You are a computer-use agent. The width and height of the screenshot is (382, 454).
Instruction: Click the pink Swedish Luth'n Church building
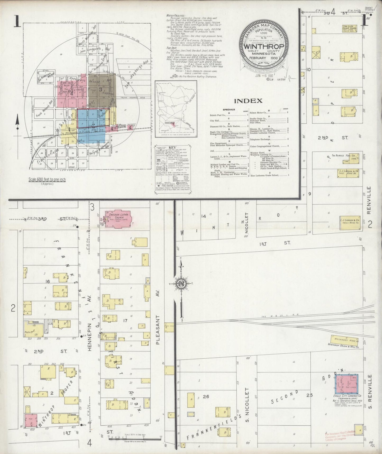pyautogui.click(x=119, y=219)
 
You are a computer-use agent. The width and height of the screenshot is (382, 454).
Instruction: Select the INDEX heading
pyautogui.click(x=248, y=101)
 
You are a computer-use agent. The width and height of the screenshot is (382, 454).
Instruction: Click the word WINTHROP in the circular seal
pyautogui.click(x=264, y=46)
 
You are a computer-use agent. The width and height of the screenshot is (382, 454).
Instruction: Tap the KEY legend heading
pyautogui.click(x=172, y=147)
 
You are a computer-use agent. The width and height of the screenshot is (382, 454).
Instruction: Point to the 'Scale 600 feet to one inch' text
pyautogui.click(x=47, y=180)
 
